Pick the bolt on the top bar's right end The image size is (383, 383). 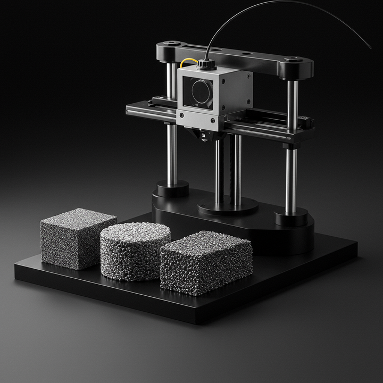pyautogui.click(x=293, y=59)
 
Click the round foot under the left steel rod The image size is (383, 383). pyautogui.click(x=172, y=188)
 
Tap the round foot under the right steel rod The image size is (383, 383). pyautogui.click(x=291, y=215)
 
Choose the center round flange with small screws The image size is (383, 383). pyautogui.click(x=228, y=205)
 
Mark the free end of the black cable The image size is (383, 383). pyautogui.click(x=370, y=48)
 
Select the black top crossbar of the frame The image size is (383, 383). pyautogui.click(x=234, y=55)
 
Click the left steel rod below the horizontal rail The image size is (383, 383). pyautogui.click(x=172, y=154)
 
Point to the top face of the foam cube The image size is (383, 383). pyautogui.click(x=79, y=218)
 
